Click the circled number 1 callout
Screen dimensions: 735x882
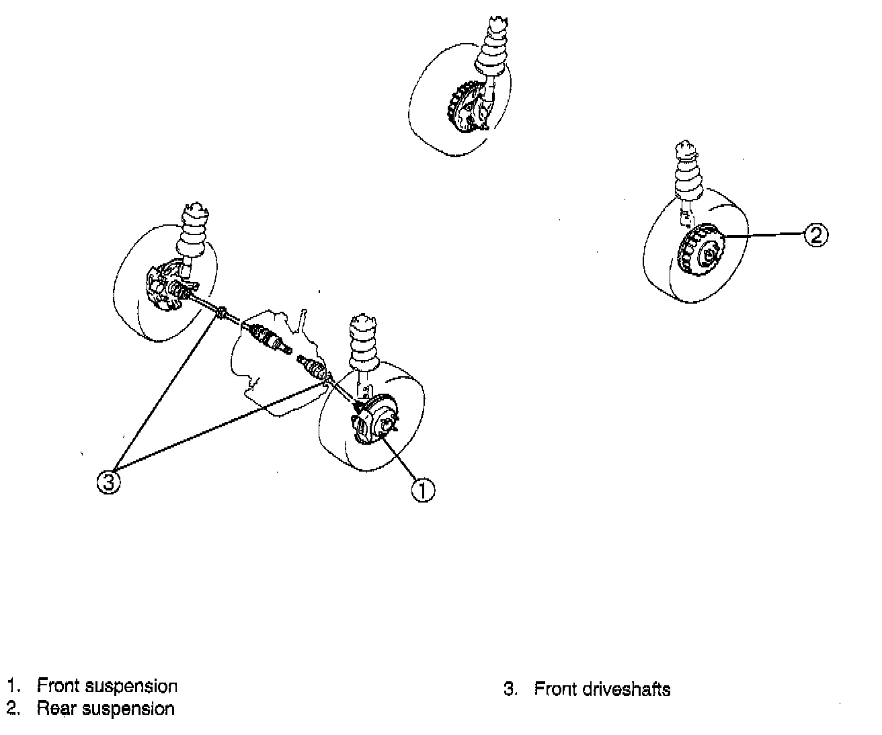pyautogui.click(x=423, y=490)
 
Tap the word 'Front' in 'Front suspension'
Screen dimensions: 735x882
pyautogui.click(x=58, y=686)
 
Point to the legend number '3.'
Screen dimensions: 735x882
pyautogui.click(x=510, y=689)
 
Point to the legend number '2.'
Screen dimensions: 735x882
pyautogui.click(x=12, y=708)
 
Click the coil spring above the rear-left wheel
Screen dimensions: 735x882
pyautogui.click(x=491, y=50)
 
